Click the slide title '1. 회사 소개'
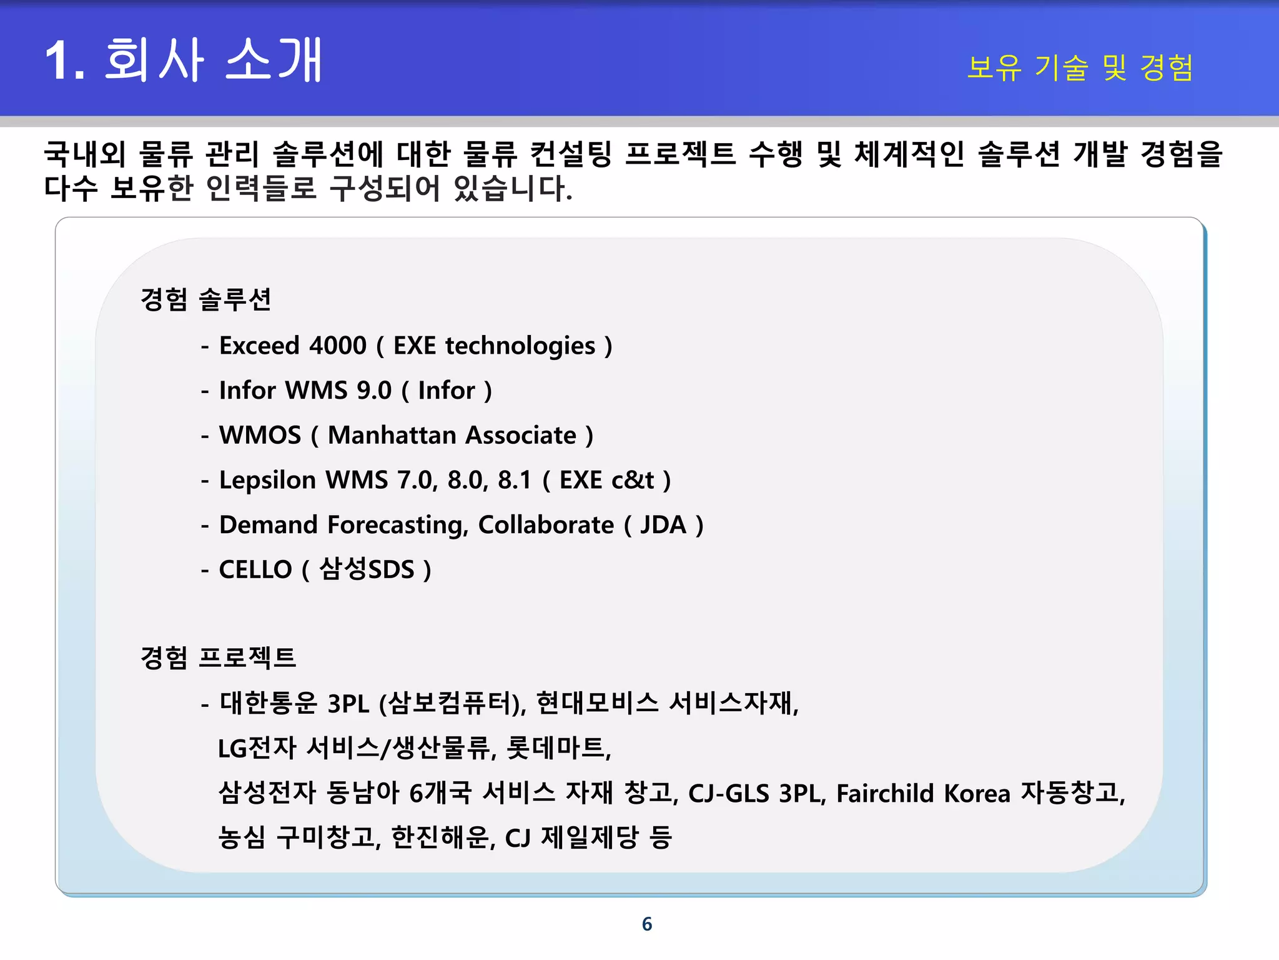pos(183,60)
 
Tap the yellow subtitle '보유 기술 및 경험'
pos(1080,67)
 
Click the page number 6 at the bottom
pos(647,924)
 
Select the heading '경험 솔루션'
pos(205,299)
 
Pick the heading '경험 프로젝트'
pos(218,657)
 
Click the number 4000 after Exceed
pos(338,346)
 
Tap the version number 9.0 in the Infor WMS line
pos(373,391)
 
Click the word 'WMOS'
pos(260,435)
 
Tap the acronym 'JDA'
pos(663,525)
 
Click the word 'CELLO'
pos(255,569)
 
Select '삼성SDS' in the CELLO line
pos(367,569)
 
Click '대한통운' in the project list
pos(269,703)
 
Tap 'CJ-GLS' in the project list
pos(728,793)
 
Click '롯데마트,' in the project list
pos(559,748)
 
